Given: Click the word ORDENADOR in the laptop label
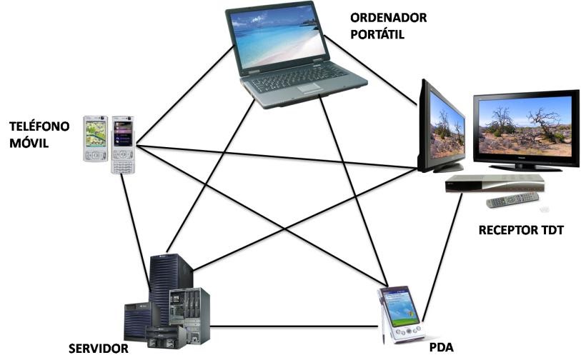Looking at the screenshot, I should pos(389,18).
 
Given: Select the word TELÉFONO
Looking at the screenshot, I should pos(39,127).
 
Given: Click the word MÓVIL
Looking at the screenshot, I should pos(29,144).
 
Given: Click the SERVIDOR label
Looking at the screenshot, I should pos(98,349).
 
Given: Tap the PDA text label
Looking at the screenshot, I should pos(442,348).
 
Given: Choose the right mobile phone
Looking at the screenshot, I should pos(122,143).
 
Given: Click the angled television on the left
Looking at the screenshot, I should pos(440,127).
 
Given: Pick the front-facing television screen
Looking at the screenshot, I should pos(525,126).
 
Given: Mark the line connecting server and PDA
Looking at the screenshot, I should pos(293,327).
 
